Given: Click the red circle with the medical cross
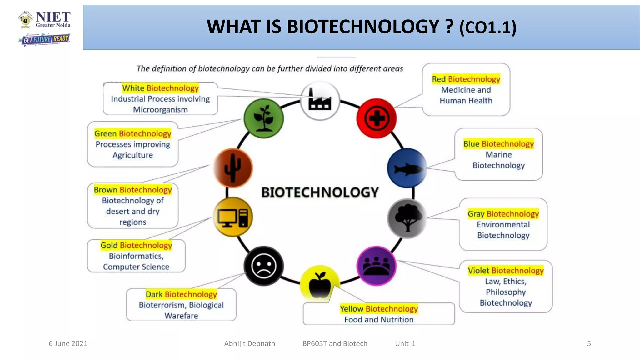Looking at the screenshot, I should click(x=377, y=118).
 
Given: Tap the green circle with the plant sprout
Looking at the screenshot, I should click(x=264, y=118).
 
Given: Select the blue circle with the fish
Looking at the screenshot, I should click(x=407, y=168).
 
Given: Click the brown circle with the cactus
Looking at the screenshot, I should click(x=233, y=168).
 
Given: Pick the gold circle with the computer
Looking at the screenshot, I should click(x=233, y=217).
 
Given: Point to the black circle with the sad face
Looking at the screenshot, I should click(x=264, y=266).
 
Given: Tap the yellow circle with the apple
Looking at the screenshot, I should click(x=320, y=284).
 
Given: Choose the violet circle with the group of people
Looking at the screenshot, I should click(x=377, y=266).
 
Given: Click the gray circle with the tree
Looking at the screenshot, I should click(x=407, y=218).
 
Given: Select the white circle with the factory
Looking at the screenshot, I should click(x=320, y=100).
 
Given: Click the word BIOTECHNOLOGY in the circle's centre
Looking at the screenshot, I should click(x=320, y=192).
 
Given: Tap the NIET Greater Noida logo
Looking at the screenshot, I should click(x=44, y=20).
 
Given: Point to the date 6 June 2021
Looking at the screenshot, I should click(x=68, y=344).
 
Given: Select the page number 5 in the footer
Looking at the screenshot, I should click(x=589, y=344).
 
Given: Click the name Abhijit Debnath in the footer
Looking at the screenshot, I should click(x=250, y=344).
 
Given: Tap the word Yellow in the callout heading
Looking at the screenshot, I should click(x=352, y=309).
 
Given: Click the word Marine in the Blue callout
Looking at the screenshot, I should click(x=498, y=155).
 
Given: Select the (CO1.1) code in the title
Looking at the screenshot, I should click(x=487, y=28).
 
